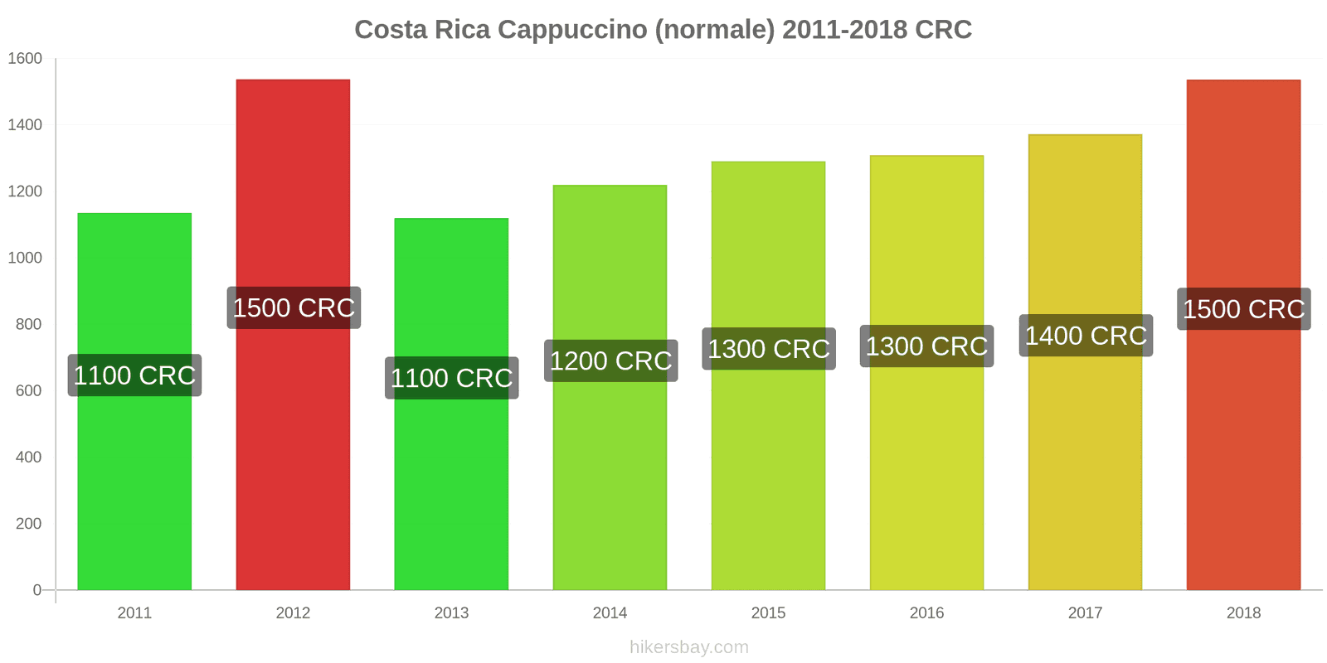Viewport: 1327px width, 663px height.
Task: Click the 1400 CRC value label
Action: (x=1086, y=336)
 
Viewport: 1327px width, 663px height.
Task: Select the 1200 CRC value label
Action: (x=610, y=361)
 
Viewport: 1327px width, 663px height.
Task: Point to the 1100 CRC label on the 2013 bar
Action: (x=451, y=378)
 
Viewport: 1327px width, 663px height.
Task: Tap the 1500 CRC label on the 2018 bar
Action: (x=1243, y=309)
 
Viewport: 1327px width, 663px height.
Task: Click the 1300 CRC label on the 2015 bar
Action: (x=768, y=349)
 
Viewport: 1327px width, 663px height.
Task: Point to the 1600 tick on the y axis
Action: (x=25, y=59)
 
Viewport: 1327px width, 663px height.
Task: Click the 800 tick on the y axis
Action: (x=28, y=324)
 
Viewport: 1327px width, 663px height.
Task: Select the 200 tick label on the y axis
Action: (x=28, y=524)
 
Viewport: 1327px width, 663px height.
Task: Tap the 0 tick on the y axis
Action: (x=36, y=590)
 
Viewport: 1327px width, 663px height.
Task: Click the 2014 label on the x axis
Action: (x=610, y=613)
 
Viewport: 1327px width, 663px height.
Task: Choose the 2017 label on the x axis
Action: (x=1085, y=613)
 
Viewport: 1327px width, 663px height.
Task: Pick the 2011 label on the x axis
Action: (x=134, y=613)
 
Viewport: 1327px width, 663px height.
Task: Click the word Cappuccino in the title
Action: (x=568, y=30)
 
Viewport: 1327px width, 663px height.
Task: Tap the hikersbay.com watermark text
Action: (x=688, y=647)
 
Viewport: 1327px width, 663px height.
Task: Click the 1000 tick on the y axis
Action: (x=25, y=258)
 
